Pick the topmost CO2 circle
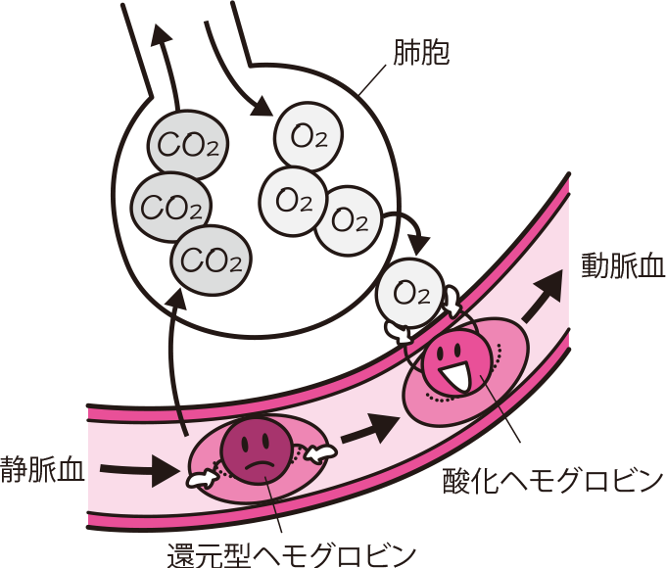[x=187, y=148]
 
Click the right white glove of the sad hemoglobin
[x=320, y=451]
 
